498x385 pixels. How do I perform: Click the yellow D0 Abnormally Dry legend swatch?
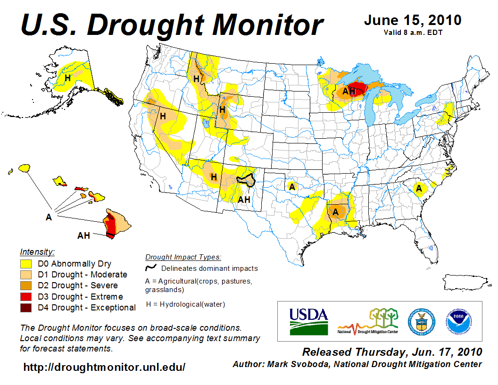pos(25,264)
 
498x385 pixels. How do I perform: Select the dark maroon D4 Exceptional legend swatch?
pos(25,308)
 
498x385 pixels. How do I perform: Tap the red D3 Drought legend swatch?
pos(25,297)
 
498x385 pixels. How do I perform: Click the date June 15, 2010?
pos(412,20)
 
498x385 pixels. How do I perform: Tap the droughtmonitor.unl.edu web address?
pos(104,367)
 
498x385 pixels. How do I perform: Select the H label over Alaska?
pos(67,78)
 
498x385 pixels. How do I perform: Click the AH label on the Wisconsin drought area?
pos(348,92)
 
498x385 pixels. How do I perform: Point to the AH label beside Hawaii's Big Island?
pos(83,235)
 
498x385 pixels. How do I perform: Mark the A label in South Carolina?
pos(418,189)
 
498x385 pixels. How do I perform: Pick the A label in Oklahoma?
pos(292,187)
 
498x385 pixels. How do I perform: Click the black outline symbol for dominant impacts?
pos(151,268)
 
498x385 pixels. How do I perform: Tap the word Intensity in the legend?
pos(37,252)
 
